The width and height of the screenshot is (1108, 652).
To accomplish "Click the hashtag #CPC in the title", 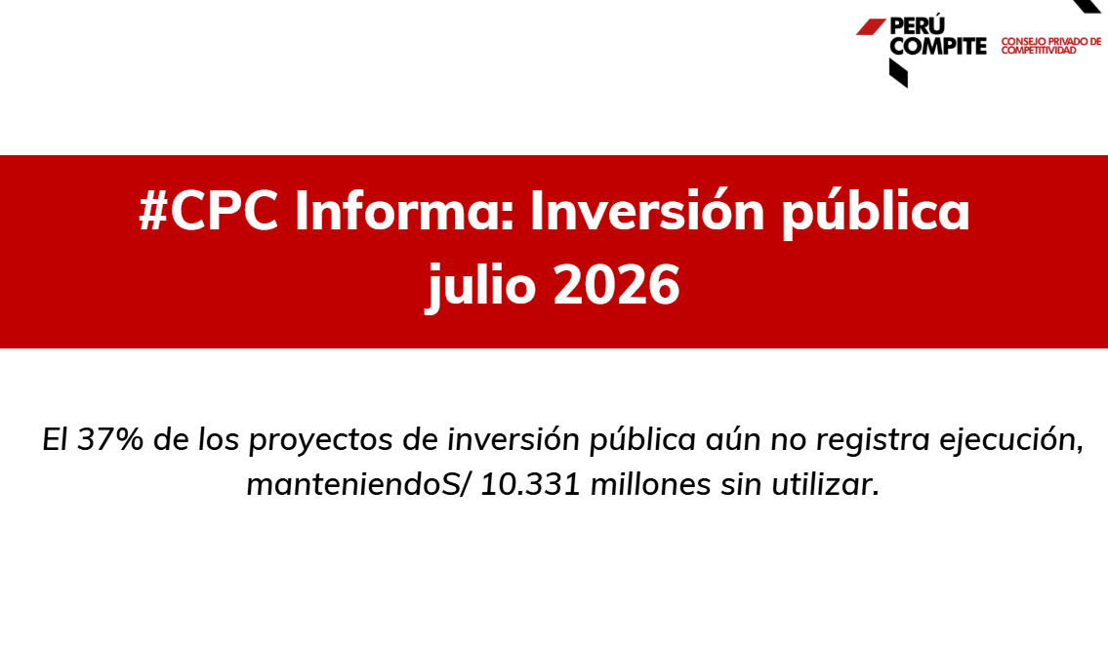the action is [209, 211].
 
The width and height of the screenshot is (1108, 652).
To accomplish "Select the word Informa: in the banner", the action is [404, 210].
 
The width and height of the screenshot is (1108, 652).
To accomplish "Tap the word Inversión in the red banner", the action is [647, 210].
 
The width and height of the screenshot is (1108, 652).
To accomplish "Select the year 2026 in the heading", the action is [616, 285].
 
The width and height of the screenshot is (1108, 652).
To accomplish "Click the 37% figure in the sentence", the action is [109, 439].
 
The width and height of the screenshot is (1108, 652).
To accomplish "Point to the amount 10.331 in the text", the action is [530, 484].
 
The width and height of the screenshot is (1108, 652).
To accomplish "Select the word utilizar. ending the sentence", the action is [825, 484].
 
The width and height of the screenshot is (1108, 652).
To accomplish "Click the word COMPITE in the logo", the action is [938, 46].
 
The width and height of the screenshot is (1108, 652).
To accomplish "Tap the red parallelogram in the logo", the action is [872, 27].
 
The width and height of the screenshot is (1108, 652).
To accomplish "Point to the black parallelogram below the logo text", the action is [898, 73].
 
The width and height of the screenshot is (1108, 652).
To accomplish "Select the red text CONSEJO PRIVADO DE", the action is [1050, 42].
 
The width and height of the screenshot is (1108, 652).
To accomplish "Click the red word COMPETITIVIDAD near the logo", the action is [1039, 50].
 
